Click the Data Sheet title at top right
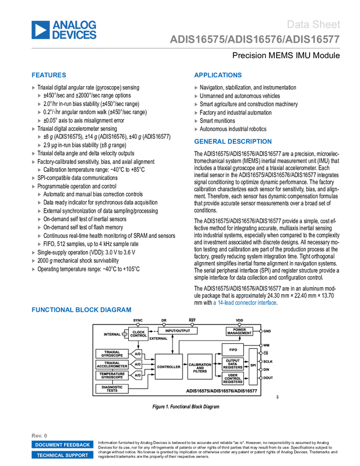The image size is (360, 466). coord(314,25)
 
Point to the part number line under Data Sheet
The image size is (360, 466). coord(255,40)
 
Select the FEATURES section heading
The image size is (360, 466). coord(49,76)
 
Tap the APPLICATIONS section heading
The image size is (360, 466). coord(218,76)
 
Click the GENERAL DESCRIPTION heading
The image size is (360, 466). coord(232,141)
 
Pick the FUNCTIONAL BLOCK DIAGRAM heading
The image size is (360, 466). coord(82,310)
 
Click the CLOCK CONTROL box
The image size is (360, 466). coord(139,334)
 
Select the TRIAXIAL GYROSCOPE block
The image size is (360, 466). coord(112,354)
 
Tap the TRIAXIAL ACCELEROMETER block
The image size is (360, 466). coord(112,365)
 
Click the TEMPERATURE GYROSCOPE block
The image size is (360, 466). coord(112,376)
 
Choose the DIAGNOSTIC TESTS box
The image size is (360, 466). coord(112,389)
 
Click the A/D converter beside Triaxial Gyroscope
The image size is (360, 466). coord(137,354)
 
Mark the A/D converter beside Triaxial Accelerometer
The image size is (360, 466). coord(137,365)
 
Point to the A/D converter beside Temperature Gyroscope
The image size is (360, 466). coord(137,376)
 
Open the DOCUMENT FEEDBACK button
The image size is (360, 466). coord(62,445)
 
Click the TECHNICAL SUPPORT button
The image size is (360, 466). coord(62,455)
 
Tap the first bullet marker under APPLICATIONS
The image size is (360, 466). coord(196,88)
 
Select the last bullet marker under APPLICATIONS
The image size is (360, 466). coord(196,129)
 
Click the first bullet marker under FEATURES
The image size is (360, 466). coord(34,88)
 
